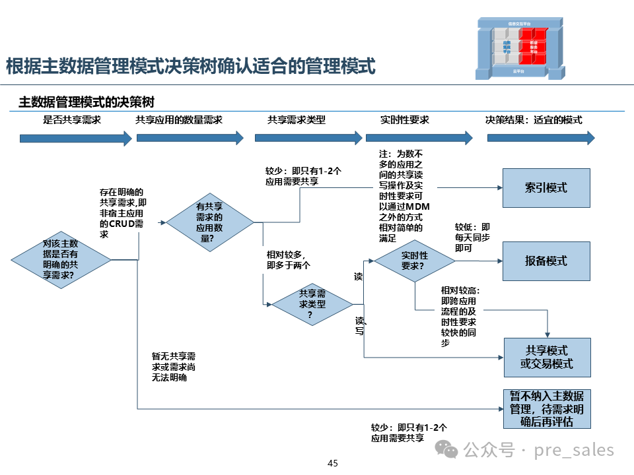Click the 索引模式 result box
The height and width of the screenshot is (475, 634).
[546, 188]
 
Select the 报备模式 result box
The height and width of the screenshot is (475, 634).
[546, 261]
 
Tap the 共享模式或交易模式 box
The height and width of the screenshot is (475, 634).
[547, 357]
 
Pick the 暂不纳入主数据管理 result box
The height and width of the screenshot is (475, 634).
[547, 409]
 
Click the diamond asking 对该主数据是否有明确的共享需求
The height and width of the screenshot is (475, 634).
[61, 260]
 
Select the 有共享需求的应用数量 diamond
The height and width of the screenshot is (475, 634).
[210, 222]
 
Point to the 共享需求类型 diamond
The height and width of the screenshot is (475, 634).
[312, 303]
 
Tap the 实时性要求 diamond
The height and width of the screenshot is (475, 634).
[415, 261]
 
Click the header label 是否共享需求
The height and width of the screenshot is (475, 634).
[72, 120]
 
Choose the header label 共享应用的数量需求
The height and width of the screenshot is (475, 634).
[179, 120]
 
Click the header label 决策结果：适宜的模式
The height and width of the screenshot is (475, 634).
[534, 120]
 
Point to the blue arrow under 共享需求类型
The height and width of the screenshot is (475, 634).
[308, 138]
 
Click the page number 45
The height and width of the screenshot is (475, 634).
[333, 463]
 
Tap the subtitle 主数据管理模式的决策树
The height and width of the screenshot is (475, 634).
[87, 102]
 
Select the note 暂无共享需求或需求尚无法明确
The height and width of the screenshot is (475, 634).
[174, 367]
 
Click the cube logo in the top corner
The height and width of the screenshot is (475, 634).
[522, 49]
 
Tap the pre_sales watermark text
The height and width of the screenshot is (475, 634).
[538, 451]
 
